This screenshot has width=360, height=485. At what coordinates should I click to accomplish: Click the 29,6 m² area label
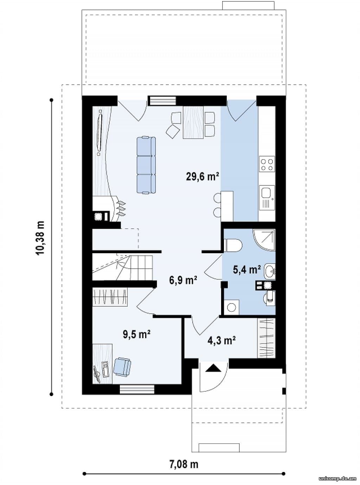(x=202, y=177)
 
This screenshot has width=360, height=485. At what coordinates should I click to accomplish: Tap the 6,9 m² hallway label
(x=183, y=280)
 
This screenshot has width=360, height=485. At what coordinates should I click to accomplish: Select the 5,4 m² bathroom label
(x=247, y=270)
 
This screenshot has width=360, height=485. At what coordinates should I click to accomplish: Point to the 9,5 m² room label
(x=137, y=334)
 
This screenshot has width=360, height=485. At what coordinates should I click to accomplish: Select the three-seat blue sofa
(x=146, y=165)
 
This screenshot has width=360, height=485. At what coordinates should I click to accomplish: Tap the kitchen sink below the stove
(x=267, y=197)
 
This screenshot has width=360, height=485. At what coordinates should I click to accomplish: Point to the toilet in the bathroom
(x=233, y=245)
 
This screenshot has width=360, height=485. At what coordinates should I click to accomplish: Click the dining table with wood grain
(x=193, y=122)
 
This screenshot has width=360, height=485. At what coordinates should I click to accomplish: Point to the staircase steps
(x=122, y=267)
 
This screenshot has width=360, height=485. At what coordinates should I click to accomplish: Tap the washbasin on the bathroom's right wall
(x=270, y=272)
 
